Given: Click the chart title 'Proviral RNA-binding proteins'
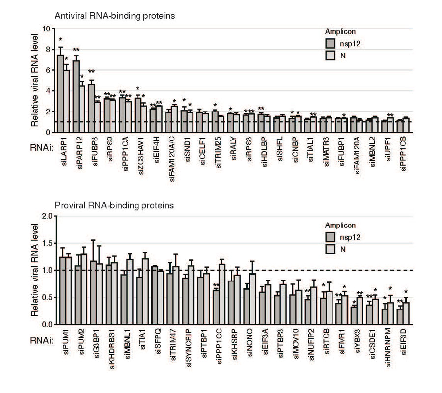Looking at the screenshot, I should click(x=108, y=205).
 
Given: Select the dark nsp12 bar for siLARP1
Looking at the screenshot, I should click(x=60, y=93).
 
